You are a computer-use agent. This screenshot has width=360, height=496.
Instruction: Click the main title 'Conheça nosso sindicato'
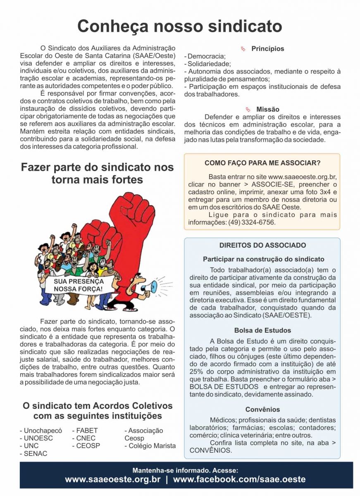coord(180,26)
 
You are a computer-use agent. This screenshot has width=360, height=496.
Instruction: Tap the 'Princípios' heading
coord(267,49)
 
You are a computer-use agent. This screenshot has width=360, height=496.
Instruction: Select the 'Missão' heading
coord(267,110)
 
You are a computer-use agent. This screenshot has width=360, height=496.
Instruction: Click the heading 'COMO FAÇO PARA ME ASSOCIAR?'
coord(262,163)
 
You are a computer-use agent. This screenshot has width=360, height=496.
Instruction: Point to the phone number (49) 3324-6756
coord(251,222)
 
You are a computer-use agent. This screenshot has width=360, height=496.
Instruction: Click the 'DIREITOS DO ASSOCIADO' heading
coord(262,245)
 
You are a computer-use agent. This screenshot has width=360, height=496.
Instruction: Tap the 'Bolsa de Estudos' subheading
coord(262,331)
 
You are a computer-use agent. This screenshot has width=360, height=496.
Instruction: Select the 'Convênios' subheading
coord(262,410)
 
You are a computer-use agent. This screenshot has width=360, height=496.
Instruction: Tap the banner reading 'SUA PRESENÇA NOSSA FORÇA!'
coord(78,285)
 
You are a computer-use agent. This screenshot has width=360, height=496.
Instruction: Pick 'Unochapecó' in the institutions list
coord(41,431)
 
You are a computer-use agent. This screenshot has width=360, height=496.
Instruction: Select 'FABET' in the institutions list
coord(87,431)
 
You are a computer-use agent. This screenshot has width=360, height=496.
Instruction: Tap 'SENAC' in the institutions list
coord(36,453)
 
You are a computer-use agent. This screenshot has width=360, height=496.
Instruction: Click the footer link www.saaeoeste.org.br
coord(112,480)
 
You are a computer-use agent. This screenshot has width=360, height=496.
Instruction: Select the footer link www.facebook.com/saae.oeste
coord(239,480)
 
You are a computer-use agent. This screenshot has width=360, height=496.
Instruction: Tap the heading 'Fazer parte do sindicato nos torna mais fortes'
coord(97,174)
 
